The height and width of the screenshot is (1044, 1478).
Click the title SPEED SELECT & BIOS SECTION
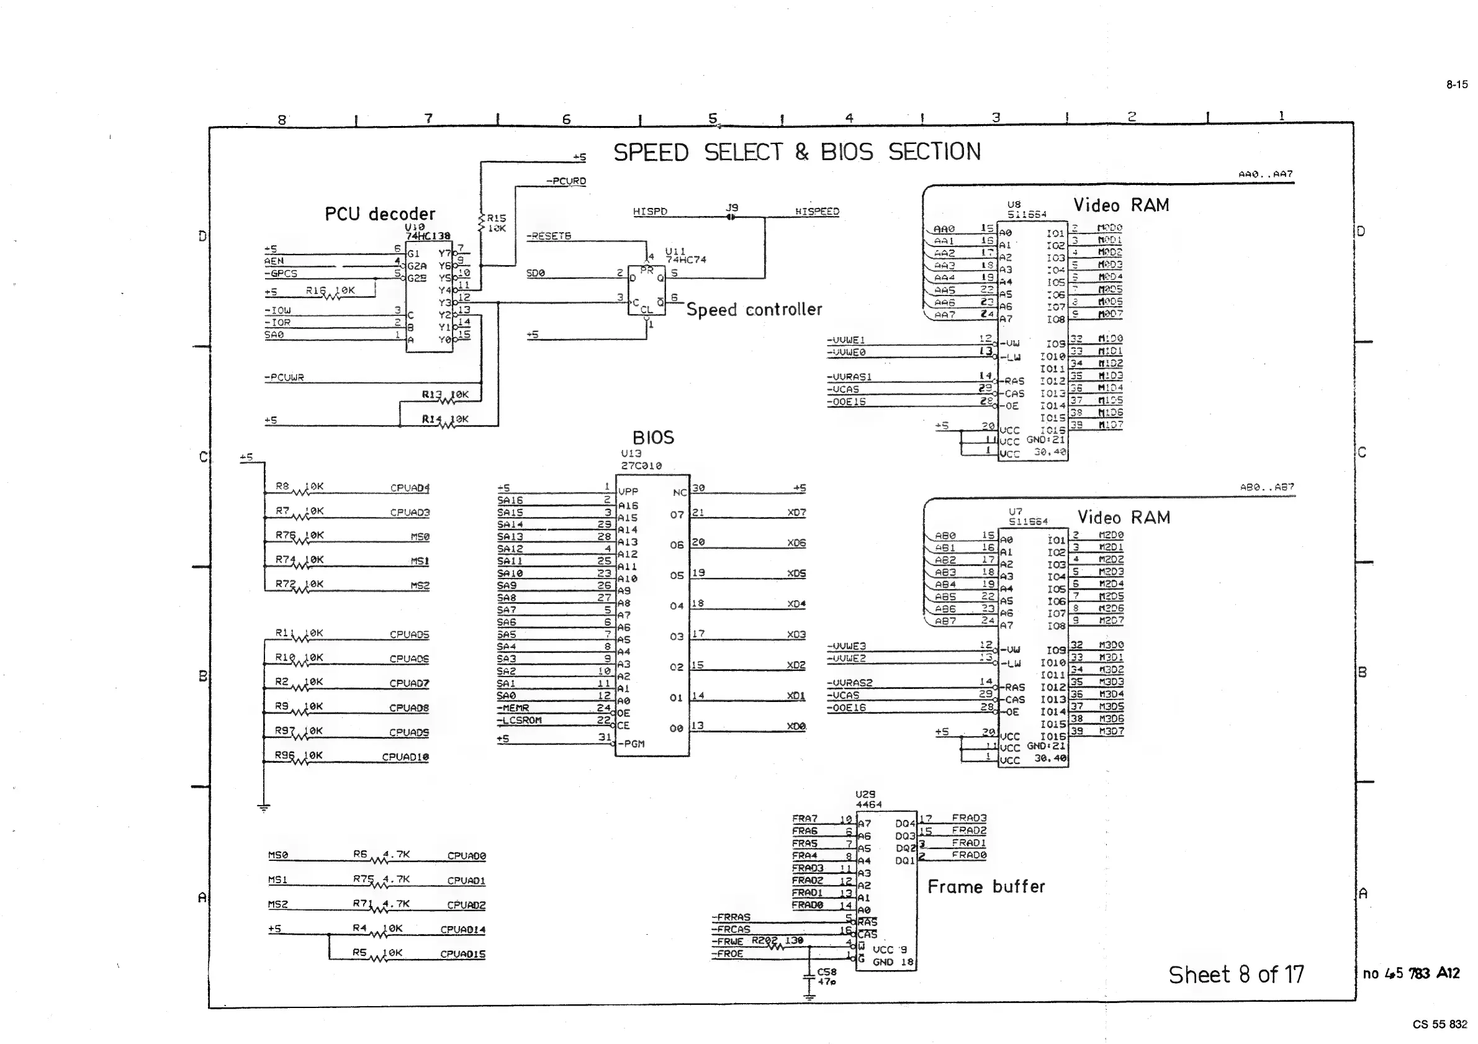(796, 153)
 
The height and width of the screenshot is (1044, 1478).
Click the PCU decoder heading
(380, 214)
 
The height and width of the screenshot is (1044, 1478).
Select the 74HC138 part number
(428, 236)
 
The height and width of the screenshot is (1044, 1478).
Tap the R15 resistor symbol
(482, 222)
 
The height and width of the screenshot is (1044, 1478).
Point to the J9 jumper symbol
(731, 217)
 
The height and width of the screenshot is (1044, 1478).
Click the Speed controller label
(754, 310)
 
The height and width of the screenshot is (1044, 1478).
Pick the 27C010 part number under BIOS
(641, 466)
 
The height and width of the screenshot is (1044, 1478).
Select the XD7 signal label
(796, 512)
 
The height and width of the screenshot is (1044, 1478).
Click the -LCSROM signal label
(520, 720)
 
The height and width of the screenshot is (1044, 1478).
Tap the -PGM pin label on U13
(631, 744)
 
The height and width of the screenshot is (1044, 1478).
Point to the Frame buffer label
(986, 887)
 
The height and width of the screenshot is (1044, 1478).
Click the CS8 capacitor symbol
(810, 976)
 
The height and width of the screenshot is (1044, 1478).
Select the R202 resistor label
(764, 940)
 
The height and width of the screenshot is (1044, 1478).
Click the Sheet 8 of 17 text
(1236, 974)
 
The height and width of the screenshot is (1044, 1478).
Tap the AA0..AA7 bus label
(1265, 174)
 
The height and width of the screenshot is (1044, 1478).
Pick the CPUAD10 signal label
(405, 757)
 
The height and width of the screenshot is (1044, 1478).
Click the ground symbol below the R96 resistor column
(263, 808)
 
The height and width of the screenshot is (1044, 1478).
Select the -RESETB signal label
(549, 236)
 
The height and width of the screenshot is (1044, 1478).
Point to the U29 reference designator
(865, 794)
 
